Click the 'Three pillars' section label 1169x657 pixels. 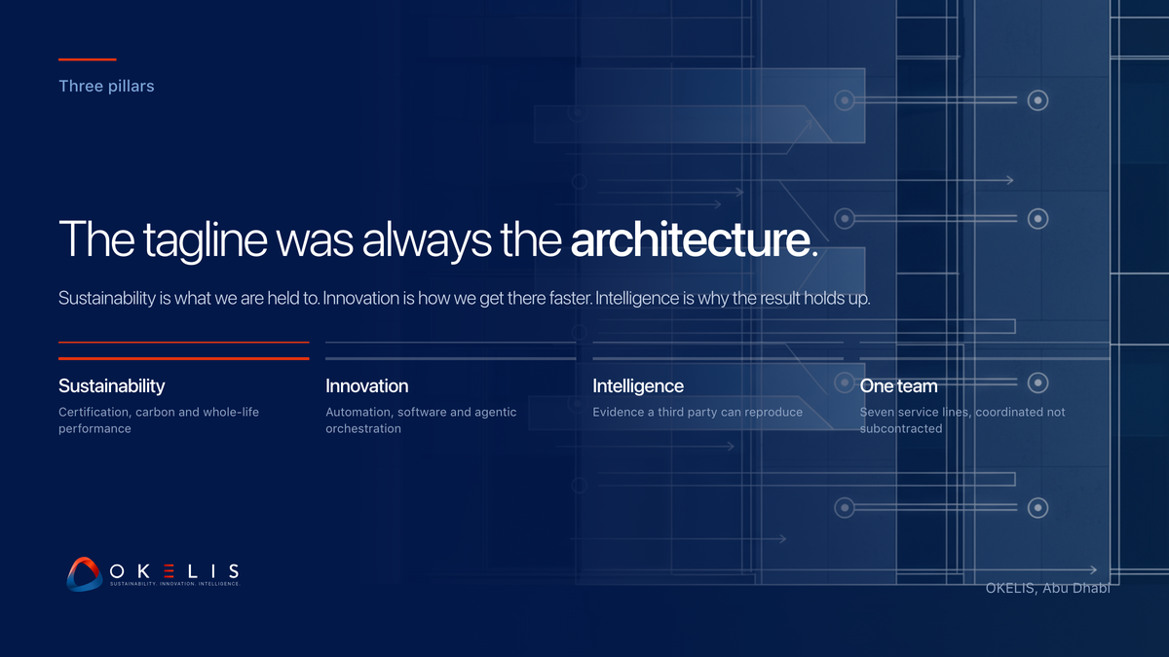click(x=106, y=86)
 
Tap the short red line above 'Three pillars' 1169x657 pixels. click(x=87, y=59)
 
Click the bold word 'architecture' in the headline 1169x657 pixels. click(x=691, y=239)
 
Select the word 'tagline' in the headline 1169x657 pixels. click(x=206, y=241)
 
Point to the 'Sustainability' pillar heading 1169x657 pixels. click(x=112, y=386)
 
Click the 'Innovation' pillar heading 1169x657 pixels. click(x=367, y=386)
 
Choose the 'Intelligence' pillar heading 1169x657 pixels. click(x=638, y=386)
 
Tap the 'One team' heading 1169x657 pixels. click(x=898, y=386)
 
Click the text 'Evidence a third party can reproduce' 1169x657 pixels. click(x=698, y=412)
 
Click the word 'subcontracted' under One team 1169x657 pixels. click(x=901, y=428)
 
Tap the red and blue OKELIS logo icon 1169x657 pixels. click(x=84, y=574)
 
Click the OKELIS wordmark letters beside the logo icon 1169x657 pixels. click(x=174, y=571)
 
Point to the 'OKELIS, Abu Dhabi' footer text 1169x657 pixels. click(x=1048, y=588)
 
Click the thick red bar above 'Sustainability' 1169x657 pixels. click(x=184, y=359)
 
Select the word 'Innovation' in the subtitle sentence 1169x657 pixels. click(x=361, y=298)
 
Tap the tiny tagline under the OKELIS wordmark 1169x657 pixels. click(x=174, y=584)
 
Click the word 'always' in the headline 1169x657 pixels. click(x=427, y=241)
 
